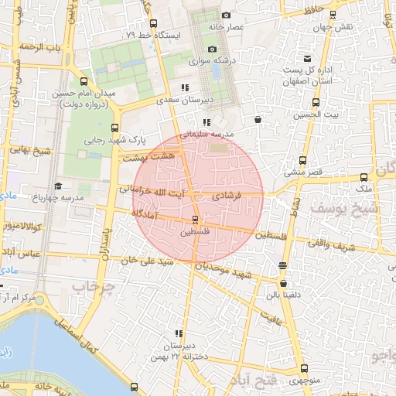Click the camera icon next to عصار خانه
point(226,15)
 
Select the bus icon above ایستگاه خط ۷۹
point(153,23)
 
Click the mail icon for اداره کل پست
point(308,59)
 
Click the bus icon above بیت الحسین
point(315,102)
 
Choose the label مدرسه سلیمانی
point(207,134)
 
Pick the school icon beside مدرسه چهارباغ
point(58,186)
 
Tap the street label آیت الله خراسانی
point(152,191)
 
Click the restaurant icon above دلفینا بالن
point(283,265)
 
